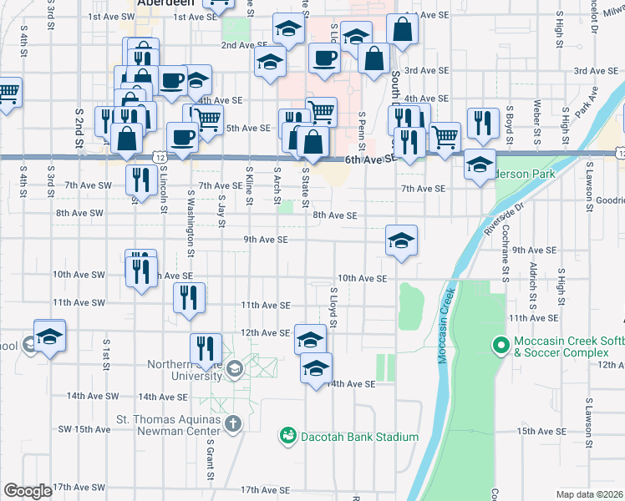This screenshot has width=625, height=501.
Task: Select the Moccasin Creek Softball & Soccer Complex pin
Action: (x=501, y=344)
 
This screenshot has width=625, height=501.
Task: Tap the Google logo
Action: (x=28, y=491)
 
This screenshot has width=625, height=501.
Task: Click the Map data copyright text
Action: (x=589, y=494)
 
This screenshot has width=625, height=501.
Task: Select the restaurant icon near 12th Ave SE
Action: (x=204, y=348)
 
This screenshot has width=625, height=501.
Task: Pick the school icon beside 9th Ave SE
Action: (x=401, y=240)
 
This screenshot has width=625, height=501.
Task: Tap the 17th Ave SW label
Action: (x=79, y=487)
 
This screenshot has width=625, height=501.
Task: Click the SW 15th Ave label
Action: (x=84, y=429)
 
